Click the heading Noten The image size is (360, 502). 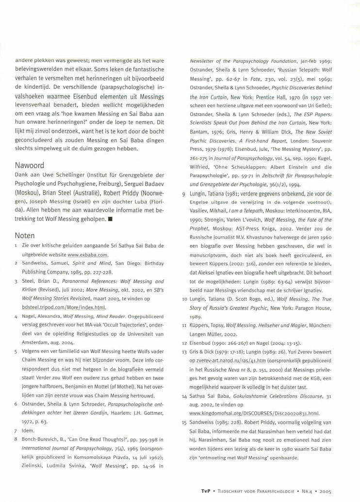(x=25, y=235)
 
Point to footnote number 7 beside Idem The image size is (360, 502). (x=16, y=430)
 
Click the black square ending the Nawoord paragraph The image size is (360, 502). (x=111, y=219)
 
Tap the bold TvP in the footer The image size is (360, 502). (x=206, y=491)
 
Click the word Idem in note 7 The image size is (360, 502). (x=28, y=430)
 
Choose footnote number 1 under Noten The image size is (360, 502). (x=16, y=246)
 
